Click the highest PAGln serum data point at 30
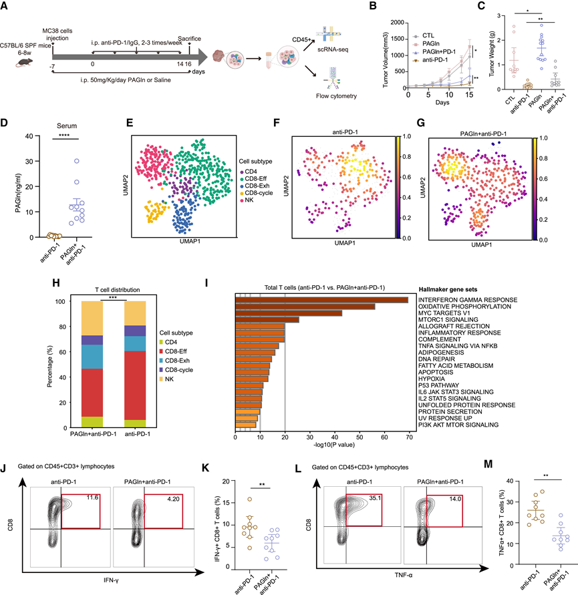78,161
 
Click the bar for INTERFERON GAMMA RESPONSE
321,299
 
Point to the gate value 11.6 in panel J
91,479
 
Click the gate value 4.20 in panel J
176,479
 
